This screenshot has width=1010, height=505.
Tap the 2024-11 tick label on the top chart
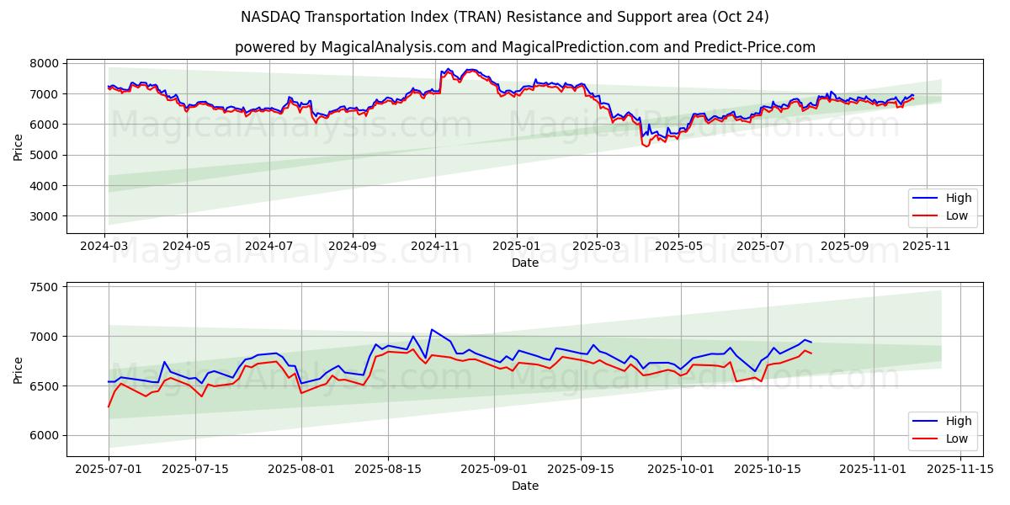click(x=434, y=247)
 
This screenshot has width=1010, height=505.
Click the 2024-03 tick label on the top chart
click(x=104, y=247)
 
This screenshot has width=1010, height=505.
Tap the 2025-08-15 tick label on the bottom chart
click(x=388, y=470)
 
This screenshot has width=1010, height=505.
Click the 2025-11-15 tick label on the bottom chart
click(x=959, y=470)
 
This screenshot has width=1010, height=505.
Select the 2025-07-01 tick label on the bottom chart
click(x=109, y=470)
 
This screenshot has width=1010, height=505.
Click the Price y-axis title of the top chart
click(x=19, y=146)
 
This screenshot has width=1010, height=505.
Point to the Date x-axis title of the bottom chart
click(x=524, y=486)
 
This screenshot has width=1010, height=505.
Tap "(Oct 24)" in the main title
click(x=740, y=17)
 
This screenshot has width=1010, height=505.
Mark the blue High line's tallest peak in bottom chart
click(x=432, y=329)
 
